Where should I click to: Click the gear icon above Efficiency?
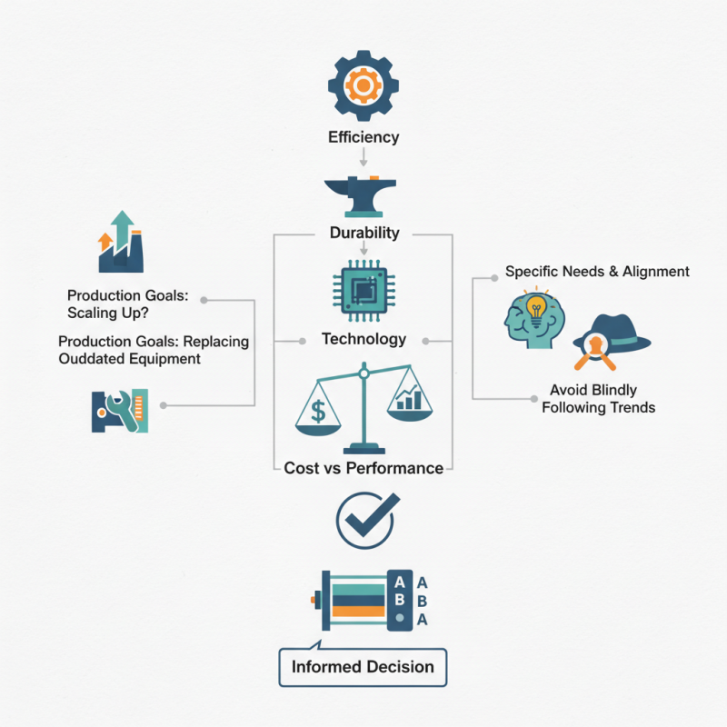coord(363,86)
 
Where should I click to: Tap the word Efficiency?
coord(363,138)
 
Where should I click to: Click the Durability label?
coord(363,233)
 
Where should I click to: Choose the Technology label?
coord(363,339)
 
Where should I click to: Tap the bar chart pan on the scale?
coord(409,400)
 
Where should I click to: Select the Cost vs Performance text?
coord(363,469)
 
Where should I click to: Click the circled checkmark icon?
coord(364,520)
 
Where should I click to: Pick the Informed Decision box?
coord(363,667)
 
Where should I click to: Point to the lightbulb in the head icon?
coord(537,306)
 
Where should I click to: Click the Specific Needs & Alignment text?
coord(597,272)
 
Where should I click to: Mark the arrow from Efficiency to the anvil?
coord(363,157)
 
